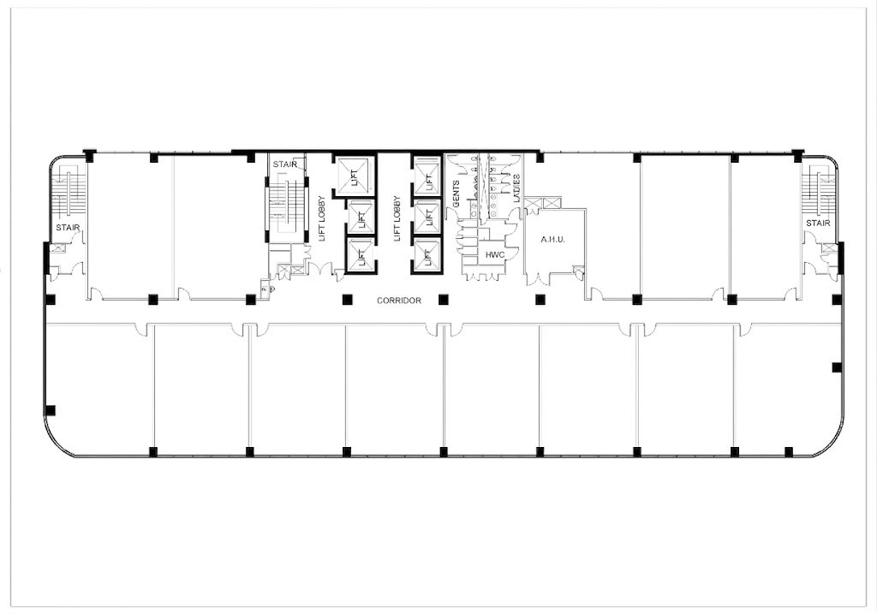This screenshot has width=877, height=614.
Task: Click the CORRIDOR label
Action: pyautogui.click(x=399, y=301)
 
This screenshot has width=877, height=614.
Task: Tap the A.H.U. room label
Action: pyautogui.click(x=552, y=240)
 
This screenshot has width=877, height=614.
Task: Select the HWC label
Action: pyautogui.click(x=495, y=255)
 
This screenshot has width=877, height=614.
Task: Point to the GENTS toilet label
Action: pyautogui.click(x=456, y=194)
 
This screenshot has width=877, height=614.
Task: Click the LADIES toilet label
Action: pyautogui.click(x=516, y=188)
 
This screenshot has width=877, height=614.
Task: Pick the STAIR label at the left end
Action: pyautogui.click(x=68, y=228)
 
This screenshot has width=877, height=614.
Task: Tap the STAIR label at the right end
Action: pyautogui.click(x=818, y=224)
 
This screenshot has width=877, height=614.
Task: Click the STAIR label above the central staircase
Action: pyautogui.click(x=284, y=164)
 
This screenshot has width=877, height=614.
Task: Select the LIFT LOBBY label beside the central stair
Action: pyautogui.click(x=322, y=218)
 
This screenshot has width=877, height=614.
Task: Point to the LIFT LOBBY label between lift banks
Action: pyautogui.click(x=397, y=218)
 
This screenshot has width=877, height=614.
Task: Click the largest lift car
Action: pyautogui.click(x=354, y=175)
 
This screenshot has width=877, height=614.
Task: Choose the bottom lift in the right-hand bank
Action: pyautogui.click(x=427, y=255)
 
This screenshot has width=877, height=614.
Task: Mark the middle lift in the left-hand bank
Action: pyautogui.click(x=361, y=217)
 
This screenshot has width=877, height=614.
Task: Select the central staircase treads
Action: pyautogui.click(x=285, y=204)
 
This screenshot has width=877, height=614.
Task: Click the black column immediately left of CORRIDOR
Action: pyautogui.click(x=348, y=299)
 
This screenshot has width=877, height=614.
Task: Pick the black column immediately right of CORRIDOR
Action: pyautogui.click(x=444, y=299)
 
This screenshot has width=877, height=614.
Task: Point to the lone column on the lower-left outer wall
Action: pyautogui.click(x=51, y=410)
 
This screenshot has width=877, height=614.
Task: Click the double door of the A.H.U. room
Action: pyautogui.click(x=536, y=279)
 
